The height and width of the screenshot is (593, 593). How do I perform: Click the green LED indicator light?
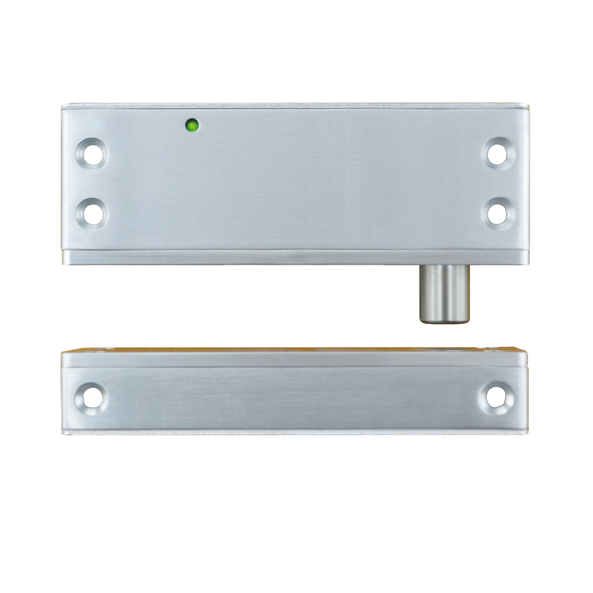click(x=192, y=124)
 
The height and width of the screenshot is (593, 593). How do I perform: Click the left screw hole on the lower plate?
click(x=91, y=397)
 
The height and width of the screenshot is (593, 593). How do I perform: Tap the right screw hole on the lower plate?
click(x=496, y=397)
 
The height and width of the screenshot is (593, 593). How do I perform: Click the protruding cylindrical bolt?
click(x=444, y=293)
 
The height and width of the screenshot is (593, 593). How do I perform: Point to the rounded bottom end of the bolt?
click(x=444, y=321)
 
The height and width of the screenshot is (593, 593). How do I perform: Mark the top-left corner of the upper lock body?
click(x=62, y=103)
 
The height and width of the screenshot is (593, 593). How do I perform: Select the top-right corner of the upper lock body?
click(x=529, y=103)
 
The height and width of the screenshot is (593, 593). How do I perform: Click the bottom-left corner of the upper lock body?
click(x=62, y=265)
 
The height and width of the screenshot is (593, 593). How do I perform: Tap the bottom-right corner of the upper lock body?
click(x=529, y=265)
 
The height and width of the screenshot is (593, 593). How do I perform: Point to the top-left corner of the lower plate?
click(x=61, y=349)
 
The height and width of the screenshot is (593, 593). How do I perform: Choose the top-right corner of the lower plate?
click(x=529, y=349)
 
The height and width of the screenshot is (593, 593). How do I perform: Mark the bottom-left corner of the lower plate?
click(x=61, y=434)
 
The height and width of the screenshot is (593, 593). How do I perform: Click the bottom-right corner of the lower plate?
click(x=529, y=434)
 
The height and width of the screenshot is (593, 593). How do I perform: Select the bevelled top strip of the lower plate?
click(x=290, y=359)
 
